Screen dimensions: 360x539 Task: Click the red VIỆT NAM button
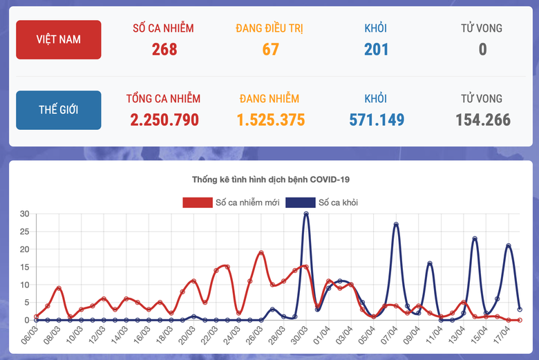[59, 39]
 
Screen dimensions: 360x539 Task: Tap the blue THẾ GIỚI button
[59, 110]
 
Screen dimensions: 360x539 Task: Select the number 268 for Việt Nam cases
[164, 49]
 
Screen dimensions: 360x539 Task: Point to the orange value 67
[269, 49]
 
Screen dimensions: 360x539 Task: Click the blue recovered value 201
[376, 49]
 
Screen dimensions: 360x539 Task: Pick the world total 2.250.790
[164, 120]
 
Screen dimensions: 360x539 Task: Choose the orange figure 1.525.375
[270, 120]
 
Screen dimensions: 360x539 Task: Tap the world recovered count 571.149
[376, 120]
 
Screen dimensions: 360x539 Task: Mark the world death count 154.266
[482, 120]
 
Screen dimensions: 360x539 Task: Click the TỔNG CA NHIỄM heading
[163, 99]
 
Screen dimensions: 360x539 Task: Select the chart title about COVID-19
[271, 180]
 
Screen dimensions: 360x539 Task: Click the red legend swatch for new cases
[197, 202]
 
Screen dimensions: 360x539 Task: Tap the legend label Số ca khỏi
[338, 202]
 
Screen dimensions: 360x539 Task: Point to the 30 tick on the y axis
[24, 214]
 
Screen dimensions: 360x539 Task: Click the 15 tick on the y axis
[24, 267]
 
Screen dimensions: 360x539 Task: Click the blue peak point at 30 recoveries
[306, 214]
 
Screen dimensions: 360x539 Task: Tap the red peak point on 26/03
[261, 252]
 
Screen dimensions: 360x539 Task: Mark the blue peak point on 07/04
[396, 224]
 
